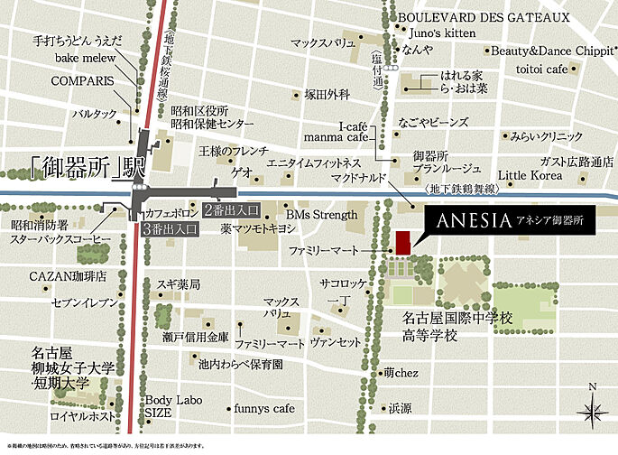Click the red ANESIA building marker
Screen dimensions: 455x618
[401, 241]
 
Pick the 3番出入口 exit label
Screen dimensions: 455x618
[171, 230]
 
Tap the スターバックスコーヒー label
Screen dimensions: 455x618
[61, 240]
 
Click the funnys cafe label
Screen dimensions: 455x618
[263, 408]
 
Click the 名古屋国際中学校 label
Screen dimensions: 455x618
[457, 319]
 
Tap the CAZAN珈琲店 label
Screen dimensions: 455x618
[68, 275]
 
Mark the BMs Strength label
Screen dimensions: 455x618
[322, 215]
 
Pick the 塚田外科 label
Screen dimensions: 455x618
[327, 93]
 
